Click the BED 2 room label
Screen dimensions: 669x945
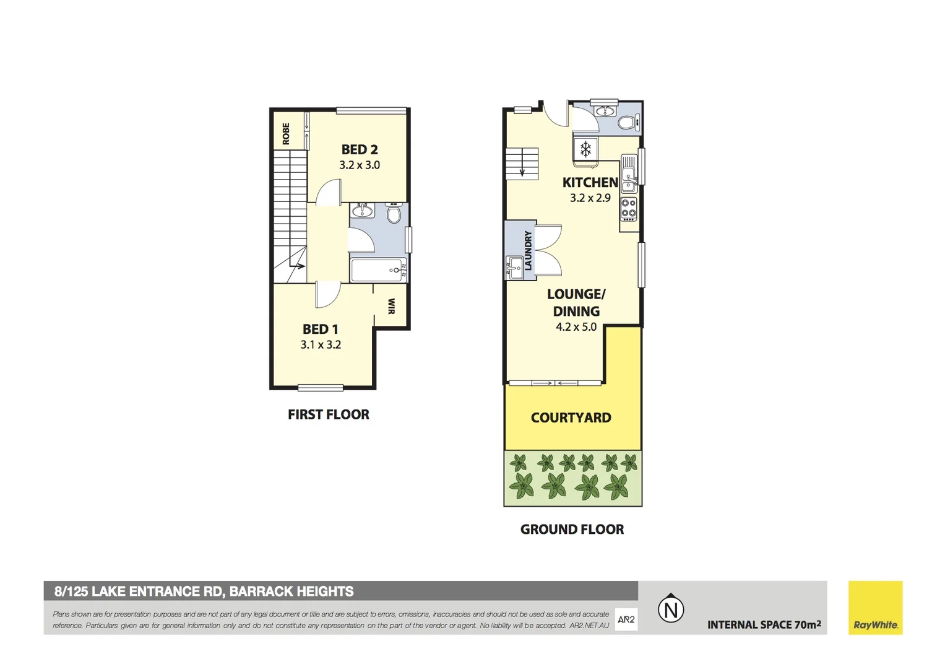coord(360,149)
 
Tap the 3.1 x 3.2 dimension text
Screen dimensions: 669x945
coord(321,345)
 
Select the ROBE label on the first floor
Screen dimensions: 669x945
coord(286,134)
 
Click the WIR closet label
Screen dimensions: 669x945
coord(391,306)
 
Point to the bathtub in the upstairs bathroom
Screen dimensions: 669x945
coord(378,270)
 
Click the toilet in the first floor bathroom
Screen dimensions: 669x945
coord(394,214)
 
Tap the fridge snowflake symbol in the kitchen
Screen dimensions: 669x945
coord(585,149)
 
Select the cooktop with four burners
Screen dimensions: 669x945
coord(629,209)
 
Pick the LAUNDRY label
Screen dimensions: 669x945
coord(528,250)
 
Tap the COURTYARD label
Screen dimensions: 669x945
coord(571,418)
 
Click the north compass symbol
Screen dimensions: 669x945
coord(671,609)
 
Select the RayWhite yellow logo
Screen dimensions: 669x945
coord(875,608)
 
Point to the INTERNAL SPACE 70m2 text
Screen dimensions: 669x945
coord(764,624)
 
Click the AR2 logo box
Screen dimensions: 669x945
coord(626,619)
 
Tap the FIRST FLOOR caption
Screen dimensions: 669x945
coord(328,414)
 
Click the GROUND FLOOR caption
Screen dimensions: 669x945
coord(572,530)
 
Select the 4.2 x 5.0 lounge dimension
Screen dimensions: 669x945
coord(576,327)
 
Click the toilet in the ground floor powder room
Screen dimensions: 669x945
coord(627,123)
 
